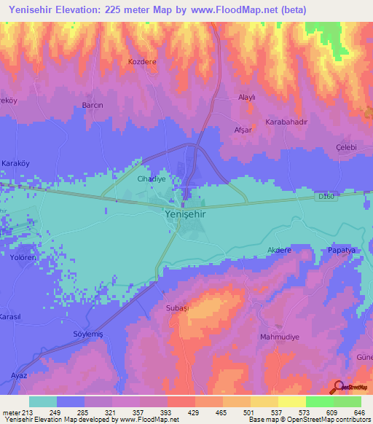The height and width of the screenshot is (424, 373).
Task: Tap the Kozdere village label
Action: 142,62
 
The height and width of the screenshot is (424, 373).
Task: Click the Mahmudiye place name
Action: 280,337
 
